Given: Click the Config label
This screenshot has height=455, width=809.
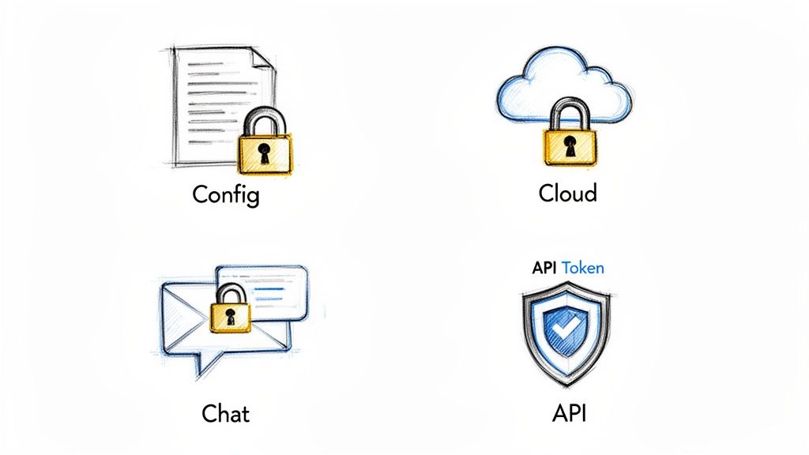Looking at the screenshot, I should point(225,194).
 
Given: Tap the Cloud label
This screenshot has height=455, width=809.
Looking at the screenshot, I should point(567,192).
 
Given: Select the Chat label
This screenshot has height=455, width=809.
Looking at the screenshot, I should point(226,412).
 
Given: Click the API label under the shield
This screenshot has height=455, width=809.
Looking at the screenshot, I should point(569,412).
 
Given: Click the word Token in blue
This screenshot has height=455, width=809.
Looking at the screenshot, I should point(583,268).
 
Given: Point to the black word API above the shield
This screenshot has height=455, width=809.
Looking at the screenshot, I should point(545,268).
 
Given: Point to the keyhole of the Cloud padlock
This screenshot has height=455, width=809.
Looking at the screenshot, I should point(570,146).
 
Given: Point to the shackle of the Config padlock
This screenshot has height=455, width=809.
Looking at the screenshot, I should point(264,120).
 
